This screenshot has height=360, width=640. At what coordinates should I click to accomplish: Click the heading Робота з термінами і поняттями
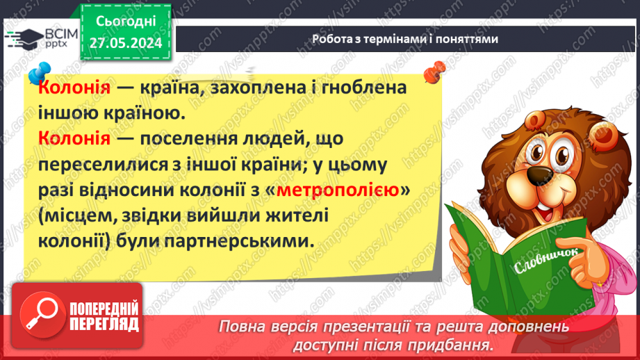(404, 39)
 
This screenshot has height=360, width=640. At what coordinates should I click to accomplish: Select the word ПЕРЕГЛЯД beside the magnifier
(103, 323)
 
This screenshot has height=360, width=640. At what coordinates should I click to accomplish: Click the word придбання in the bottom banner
(455, 345)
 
